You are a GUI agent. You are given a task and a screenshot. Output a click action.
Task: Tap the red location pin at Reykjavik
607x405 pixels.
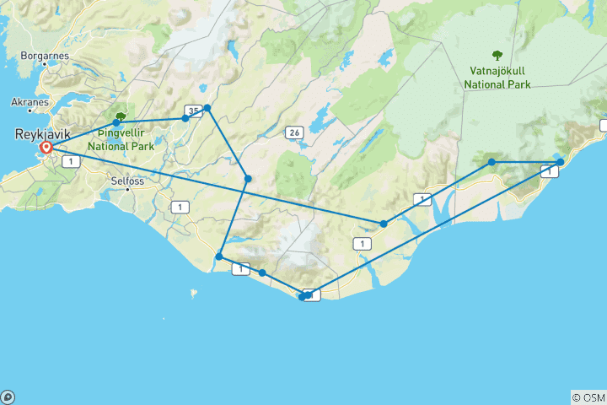46,148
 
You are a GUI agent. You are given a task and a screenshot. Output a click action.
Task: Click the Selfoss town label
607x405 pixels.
129,181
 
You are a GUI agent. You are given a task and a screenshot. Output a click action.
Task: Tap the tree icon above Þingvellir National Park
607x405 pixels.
121,117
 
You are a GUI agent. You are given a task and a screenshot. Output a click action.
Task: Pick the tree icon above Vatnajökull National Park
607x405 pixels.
497,79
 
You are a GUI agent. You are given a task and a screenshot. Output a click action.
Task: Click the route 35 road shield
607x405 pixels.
194,111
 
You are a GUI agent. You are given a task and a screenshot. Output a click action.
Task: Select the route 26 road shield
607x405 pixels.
293,132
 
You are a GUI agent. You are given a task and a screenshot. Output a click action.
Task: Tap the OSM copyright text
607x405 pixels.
589,397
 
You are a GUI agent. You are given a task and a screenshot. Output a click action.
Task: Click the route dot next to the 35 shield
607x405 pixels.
185,118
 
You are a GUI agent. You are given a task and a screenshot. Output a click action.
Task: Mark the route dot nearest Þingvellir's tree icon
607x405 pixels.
116,122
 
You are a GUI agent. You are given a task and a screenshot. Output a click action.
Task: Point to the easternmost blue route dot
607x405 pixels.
561,161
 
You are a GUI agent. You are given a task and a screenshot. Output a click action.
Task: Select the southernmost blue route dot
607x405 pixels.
302,297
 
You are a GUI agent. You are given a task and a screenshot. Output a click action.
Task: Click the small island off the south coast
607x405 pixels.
193,294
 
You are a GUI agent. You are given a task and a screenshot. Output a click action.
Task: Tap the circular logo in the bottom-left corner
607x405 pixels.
7,397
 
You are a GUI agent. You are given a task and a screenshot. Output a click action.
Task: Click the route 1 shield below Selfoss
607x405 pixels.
179,207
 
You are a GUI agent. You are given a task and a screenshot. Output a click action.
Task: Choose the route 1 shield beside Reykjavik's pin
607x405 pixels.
64,161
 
